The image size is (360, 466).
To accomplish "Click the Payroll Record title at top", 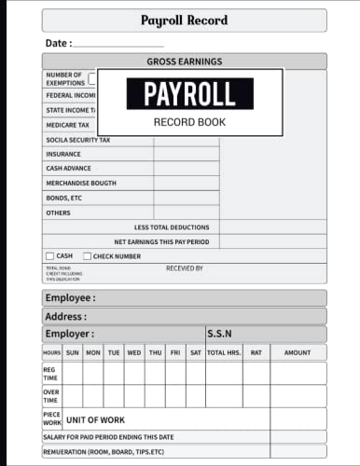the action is click(x=185, y=20).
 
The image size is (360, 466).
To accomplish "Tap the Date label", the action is click(x=56, y=43).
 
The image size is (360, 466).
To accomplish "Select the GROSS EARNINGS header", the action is click(x=185, y=62).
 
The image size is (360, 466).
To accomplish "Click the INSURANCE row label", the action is click(x=63, y=154).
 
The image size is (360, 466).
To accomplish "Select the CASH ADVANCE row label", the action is click(x=69, y=169).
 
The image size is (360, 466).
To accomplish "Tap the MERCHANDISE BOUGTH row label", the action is click(x=81, y=183).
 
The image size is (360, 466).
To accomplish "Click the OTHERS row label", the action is click(x=58, y=212).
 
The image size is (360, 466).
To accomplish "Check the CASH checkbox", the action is click(x=50, y=255).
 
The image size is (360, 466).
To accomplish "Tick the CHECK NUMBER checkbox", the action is click(x=88, y=255).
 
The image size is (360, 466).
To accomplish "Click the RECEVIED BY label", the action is click(x=184, y=268).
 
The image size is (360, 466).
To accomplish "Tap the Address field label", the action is click(x=66, y=316).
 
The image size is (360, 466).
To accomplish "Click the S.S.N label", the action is click(x=221, y=334).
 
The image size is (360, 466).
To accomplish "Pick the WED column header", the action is click(x=134, y=352).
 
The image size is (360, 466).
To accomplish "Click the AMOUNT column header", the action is click(x=298, y=352).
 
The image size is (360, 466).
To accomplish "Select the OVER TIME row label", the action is click(x=50, y=396).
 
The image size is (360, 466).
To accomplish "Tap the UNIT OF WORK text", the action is click(x=95, y=420).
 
